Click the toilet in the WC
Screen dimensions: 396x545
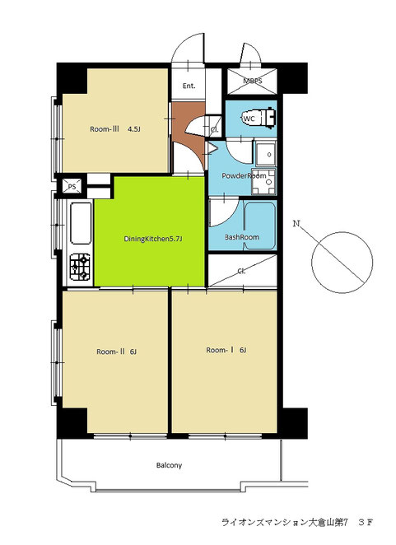point(259,119)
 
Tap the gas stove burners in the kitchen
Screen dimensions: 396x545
point(81,267)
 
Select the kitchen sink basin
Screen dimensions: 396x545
point(81,223)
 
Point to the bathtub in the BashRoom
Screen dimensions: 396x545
point(260,226)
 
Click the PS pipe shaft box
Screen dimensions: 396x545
point(72,186)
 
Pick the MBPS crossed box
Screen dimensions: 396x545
point(253,81)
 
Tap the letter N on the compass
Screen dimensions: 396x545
point(296,223)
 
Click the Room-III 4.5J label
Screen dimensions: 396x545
point(115,129)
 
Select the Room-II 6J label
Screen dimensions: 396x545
point(116,352)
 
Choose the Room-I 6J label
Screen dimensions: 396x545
point(226,350)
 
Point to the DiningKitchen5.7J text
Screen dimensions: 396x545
point(153,239)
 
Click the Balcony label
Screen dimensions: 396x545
point(169,465)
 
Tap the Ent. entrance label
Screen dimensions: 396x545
point(189,86)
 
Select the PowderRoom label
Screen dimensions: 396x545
point(244,176)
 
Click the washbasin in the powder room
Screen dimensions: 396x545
point(266,153)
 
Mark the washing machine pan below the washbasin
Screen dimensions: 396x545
point(263,182)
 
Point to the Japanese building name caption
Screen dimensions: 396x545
point(297,522)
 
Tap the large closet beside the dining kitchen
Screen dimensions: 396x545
point(242,271)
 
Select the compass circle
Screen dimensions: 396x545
point(342,263)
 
